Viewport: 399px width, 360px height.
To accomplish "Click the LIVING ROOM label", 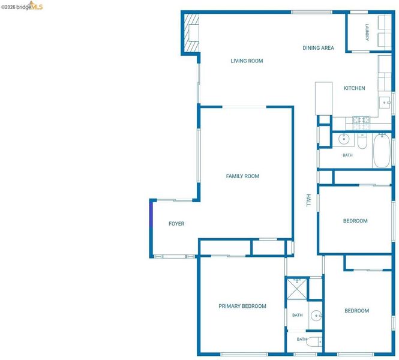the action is (247, 61).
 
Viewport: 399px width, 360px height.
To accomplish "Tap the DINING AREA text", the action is (318, 48).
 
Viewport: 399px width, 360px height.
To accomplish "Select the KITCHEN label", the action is (354, 88).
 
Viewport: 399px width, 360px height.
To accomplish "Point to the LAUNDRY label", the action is (367, 32).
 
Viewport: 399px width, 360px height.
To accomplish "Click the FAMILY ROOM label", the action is (242, 176).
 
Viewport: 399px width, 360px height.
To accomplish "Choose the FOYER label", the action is (176, 224).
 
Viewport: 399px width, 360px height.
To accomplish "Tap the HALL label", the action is (308, 200).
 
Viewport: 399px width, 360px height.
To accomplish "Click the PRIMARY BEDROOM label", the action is (242, 306).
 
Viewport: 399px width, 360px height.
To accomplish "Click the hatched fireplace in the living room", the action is (191, 32).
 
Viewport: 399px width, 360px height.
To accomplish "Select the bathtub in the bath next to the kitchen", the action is (382, 151).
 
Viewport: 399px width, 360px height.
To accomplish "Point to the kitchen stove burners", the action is (361, 122).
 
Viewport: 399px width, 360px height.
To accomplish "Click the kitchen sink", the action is (385, 103).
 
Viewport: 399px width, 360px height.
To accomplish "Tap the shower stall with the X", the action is (297, 289).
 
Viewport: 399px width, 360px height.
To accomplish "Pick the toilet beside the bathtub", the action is (362, 142).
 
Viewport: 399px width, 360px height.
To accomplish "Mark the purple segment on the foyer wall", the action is (151, 214).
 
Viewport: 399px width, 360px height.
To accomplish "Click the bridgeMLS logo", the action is (22, 6).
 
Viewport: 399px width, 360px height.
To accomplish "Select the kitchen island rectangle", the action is (323, 98).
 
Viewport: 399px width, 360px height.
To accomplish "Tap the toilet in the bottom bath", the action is (314, 341).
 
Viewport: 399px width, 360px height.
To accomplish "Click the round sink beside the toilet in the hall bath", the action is (344, 139).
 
